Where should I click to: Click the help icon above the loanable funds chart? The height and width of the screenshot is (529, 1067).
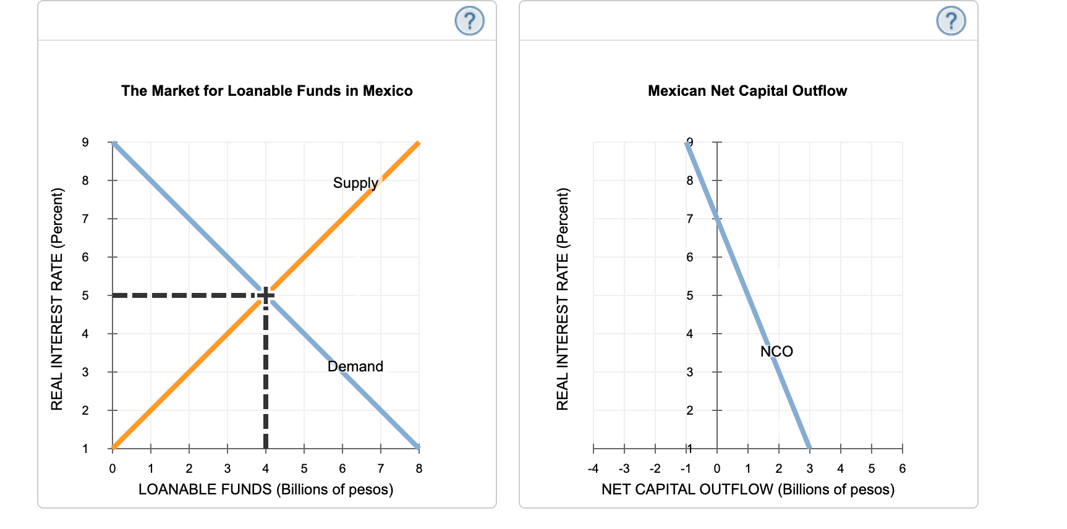point(469,21)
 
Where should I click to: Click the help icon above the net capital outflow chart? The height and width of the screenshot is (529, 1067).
point(951,21)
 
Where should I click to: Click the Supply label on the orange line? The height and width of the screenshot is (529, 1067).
point(355,183)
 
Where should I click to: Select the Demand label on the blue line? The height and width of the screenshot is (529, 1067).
point(355,366)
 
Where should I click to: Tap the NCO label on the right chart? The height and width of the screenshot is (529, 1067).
point(776,352)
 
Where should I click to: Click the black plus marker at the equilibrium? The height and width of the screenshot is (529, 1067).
point(266,295)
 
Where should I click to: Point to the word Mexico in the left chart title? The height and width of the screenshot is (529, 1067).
point(388,91)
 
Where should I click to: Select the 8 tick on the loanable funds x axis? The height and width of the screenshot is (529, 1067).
point(419,468)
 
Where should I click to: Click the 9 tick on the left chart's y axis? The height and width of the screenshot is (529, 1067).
point(85,142)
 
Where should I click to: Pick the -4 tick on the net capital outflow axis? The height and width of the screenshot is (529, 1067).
point(593,468)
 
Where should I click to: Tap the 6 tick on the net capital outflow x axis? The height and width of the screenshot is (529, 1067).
point(903,468)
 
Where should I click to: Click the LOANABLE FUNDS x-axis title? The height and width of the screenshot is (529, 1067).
point(266,489)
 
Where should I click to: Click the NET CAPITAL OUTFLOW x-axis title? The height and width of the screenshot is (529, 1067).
point(748,489)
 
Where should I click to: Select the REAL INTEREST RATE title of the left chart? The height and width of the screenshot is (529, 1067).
point(57,298)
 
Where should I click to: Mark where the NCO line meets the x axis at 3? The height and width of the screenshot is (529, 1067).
point(809,448)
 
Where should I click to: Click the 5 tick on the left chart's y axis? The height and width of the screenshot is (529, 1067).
point(85,295)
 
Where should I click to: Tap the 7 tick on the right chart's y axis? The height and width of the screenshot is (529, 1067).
point(690,219)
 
